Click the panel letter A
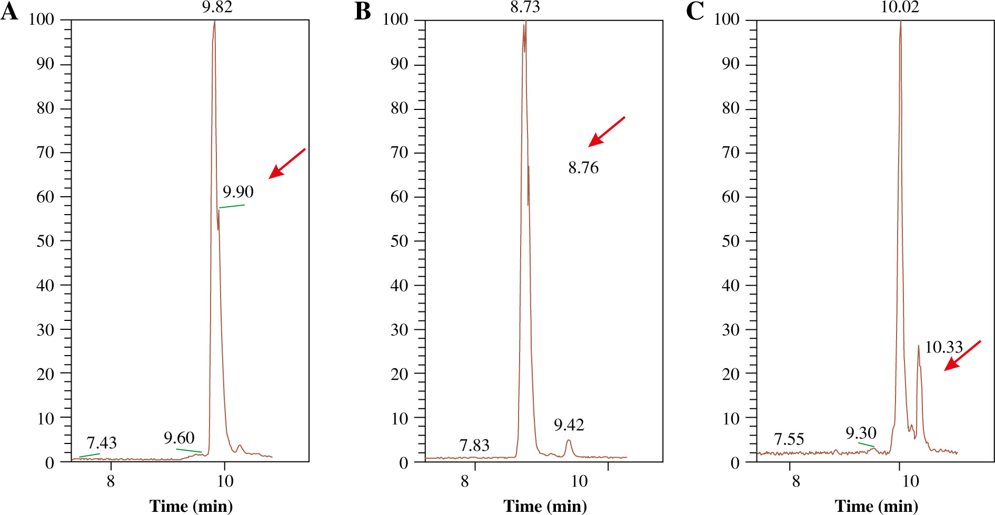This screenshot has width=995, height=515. [x=9, y=12]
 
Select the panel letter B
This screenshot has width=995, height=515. [x=363, y=12]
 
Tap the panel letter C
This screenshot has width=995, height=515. [x=695, y=12]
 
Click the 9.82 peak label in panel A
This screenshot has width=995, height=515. [x=217, y=7]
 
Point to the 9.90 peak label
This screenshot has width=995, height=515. [x=238, y=192]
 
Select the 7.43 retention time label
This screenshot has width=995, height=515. [x=102, y=443]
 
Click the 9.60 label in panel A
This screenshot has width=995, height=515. [x=179, y=438]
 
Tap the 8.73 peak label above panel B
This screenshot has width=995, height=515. [x=525, y=7]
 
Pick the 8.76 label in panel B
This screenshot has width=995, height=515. [x=583, y=168]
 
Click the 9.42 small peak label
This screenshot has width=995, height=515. [x=569, y=425]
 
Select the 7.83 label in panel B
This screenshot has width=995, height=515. [x=474, y=446]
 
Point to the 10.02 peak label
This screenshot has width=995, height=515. [x=900, y=7]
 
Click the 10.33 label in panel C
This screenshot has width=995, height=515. [x=943, y=347]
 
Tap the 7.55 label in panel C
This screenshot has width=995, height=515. [x=789, y=439]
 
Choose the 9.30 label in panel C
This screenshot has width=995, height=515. [x=861, y=433]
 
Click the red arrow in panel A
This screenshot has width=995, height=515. [x=286, y=164]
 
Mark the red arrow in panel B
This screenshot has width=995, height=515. [x=606, y=132]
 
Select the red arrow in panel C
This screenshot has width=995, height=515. [x=962, y=356]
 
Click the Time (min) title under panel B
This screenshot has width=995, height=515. [x=545, y=506]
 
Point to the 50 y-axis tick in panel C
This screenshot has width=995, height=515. [x=730, y=241]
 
